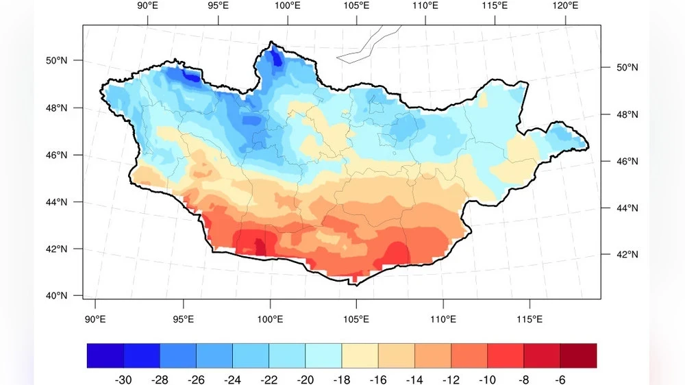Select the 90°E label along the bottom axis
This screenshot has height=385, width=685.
pos(95,319)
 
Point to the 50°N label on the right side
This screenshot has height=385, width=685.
pos(609,68)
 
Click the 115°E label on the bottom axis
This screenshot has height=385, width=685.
pos(529,319)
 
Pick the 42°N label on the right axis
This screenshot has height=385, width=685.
pos(609,255)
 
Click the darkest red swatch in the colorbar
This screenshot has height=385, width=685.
pos(578,356)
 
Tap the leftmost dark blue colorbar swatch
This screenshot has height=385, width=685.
pos(105,356)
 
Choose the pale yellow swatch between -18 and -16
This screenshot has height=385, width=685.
pos(360,356)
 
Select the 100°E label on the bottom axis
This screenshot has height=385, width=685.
pos(270,319)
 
